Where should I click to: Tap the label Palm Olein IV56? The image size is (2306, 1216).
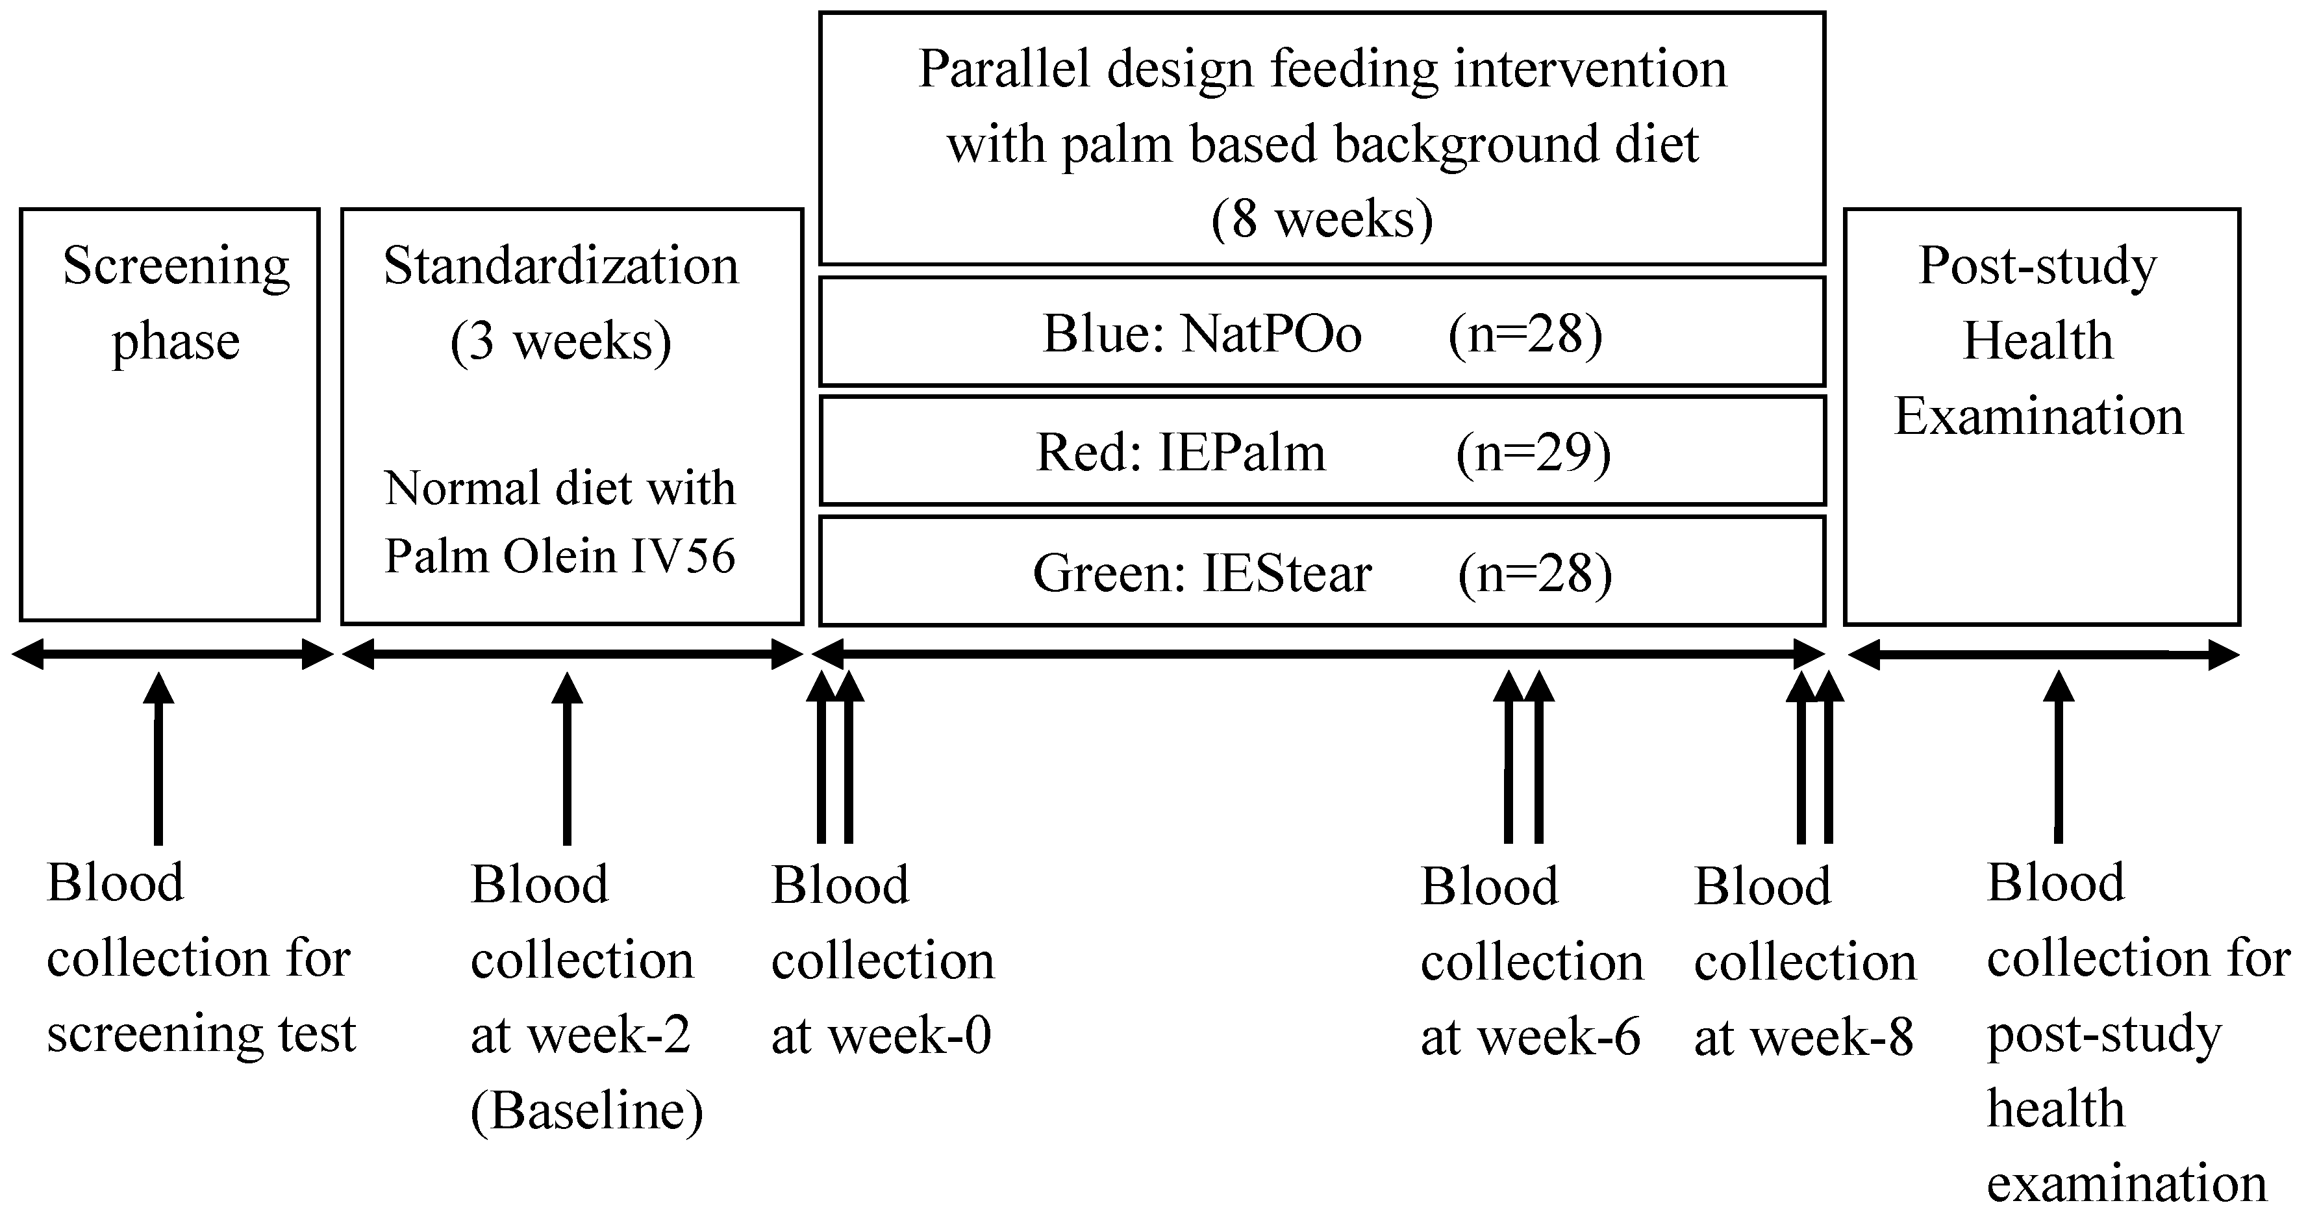[560, 556]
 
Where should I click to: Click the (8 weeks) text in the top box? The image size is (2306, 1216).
[1322, 220]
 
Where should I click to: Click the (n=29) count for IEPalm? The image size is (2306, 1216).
[1533, 453]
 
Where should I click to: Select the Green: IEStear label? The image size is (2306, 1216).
[1201, 574]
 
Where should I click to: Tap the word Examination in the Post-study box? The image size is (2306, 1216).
[2038, 416]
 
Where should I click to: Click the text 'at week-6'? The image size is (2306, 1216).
[1530, 1037]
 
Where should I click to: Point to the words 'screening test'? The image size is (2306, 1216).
[201, 1034]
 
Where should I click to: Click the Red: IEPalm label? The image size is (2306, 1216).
[1180, 453]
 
